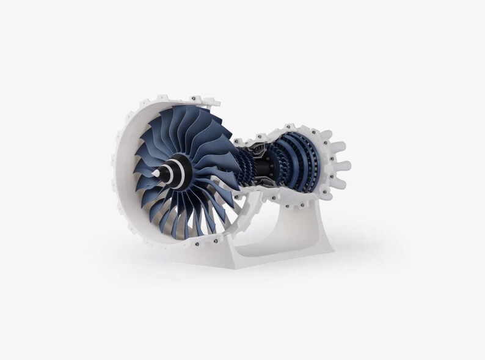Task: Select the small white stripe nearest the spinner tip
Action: [x=164, y=173]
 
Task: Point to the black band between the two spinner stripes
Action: [x=173, y=172]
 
